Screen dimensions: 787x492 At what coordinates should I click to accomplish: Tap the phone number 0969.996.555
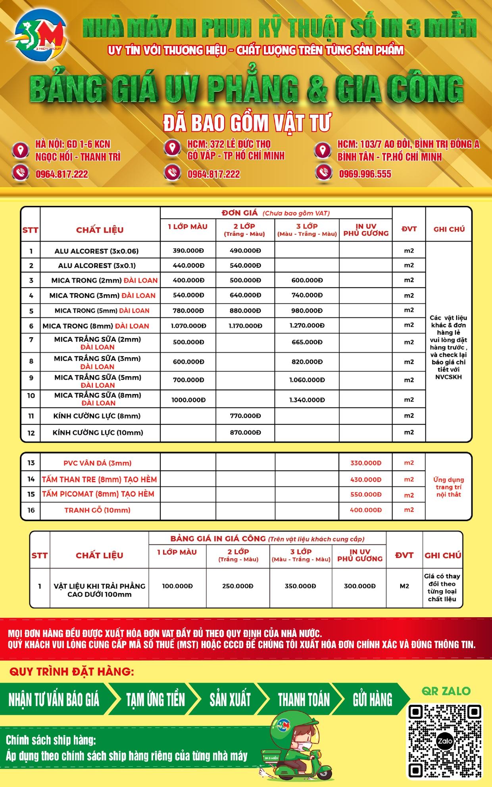[x=365, y=174]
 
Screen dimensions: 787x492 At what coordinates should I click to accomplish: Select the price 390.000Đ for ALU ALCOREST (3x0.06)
[x=188, y=251]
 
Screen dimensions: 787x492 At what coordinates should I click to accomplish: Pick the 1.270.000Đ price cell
[x=307, y=326]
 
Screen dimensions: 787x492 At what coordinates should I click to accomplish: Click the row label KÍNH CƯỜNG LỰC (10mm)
[x=98, y=432]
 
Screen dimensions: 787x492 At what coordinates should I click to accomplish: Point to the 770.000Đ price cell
[x=245, y=416]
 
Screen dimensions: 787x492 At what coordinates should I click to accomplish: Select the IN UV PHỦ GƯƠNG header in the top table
[x=365, y=230]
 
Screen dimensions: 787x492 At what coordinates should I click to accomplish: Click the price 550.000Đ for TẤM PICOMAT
[x=365, y=494]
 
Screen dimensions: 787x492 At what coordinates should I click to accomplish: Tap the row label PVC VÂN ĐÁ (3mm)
[x=97, y=463]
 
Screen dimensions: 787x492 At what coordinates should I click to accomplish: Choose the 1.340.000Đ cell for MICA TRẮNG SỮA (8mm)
[x=307, y=400]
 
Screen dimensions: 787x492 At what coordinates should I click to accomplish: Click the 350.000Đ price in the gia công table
[x=300, y=586]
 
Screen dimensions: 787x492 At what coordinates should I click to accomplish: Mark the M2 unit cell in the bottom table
[x=404, y=586]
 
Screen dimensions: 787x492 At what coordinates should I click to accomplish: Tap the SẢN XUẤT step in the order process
[x=230, y=699]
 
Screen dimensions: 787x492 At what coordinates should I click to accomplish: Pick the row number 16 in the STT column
[x=31, y=510]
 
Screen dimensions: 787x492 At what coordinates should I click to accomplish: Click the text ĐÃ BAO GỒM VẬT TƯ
[x=246, y=123]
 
